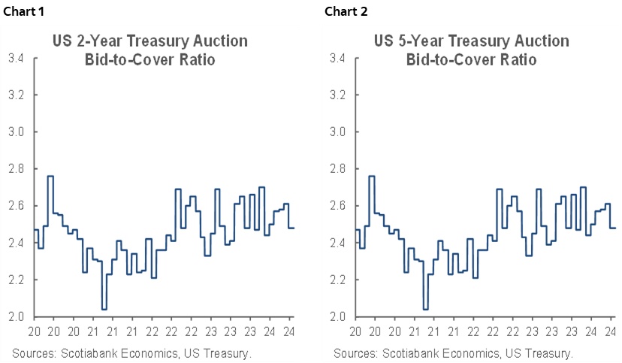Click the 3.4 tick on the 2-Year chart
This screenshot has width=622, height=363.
pyautogui.click(x=16, y=58)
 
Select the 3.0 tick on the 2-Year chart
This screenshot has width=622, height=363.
pyautogui.click(x=16, y=132)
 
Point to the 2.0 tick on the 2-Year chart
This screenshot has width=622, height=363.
pyautogui.click(x=16, y=316)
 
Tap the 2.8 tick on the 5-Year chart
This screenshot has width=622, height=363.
pyautogui.click(x=337, y=168)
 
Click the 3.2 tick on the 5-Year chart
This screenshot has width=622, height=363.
pyautogui.click(x=337, y=95)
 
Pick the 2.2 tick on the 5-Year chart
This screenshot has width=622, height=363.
pyautogui.click(x=337, y=280)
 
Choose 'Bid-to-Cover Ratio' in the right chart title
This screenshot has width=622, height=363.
pyautogui.click(x=471, y=59)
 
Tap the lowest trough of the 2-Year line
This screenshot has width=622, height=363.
pyautogui.click(x=104, y=309)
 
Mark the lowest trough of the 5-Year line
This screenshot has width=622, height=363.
pyautogui.click(x=426, y=309)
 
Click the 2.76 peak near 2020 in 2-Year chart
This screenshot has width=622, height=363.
pyautogui.click(x=50, y=176)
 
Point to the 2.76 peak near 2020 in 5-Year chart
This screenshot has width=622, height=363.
pyautogui.click(x=372, y=176)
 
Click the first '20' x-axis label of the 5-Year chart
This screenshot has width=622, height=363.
pyautogui.click(x=355, y=331)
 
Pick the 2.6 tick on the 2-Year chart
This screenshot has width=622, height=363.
pyautogui.click(x=16, y=205)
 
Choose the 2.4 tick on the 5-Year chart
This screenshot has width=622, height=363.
pyautogui.click(x=337, y=243)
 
